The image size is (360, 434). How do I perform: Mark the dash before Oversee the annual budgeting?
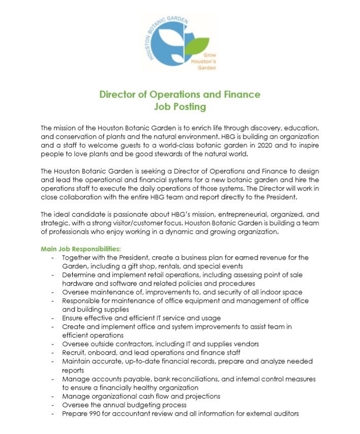tap(53, 405)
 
